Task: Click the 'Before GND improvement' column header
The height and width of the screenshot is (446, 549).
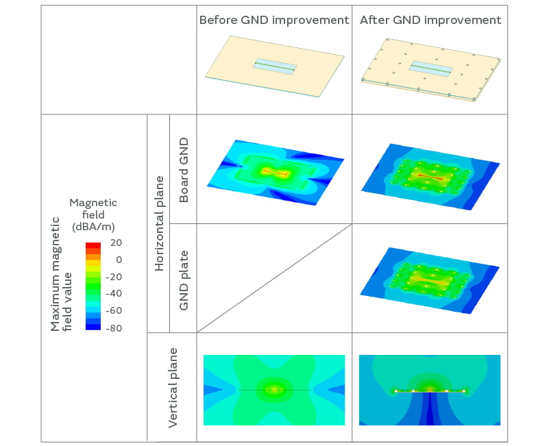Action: (274, 21)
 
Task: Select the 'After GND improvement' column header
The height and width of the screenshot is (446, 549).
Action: (430, 21)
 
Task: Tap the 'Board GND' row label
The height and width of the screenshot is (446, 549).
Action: (184, 169)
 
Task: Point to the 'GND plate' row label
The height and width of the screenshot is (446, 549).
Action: (184, 279)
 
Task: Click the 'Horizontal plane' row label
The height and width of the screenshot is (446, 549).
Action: (159, 223)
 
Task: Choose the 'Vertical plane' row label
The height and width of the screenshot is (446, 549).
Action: (173, 388)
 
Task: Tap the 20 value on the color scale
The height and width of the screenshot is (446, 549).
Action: (114, 243)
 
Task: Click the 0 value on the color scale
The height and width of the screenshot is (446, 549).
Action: (119, 260)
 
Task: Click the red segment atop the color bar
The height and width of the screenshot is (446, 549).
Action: (93, 245)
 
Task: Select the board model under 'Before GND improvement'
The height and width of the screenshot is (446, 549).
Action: (274, 66)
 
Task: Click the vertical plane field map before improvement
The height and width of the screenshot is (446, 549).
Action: (274, 389)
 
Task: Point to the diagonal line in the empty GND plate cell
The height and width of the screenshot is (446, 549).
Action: (274, 277)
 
